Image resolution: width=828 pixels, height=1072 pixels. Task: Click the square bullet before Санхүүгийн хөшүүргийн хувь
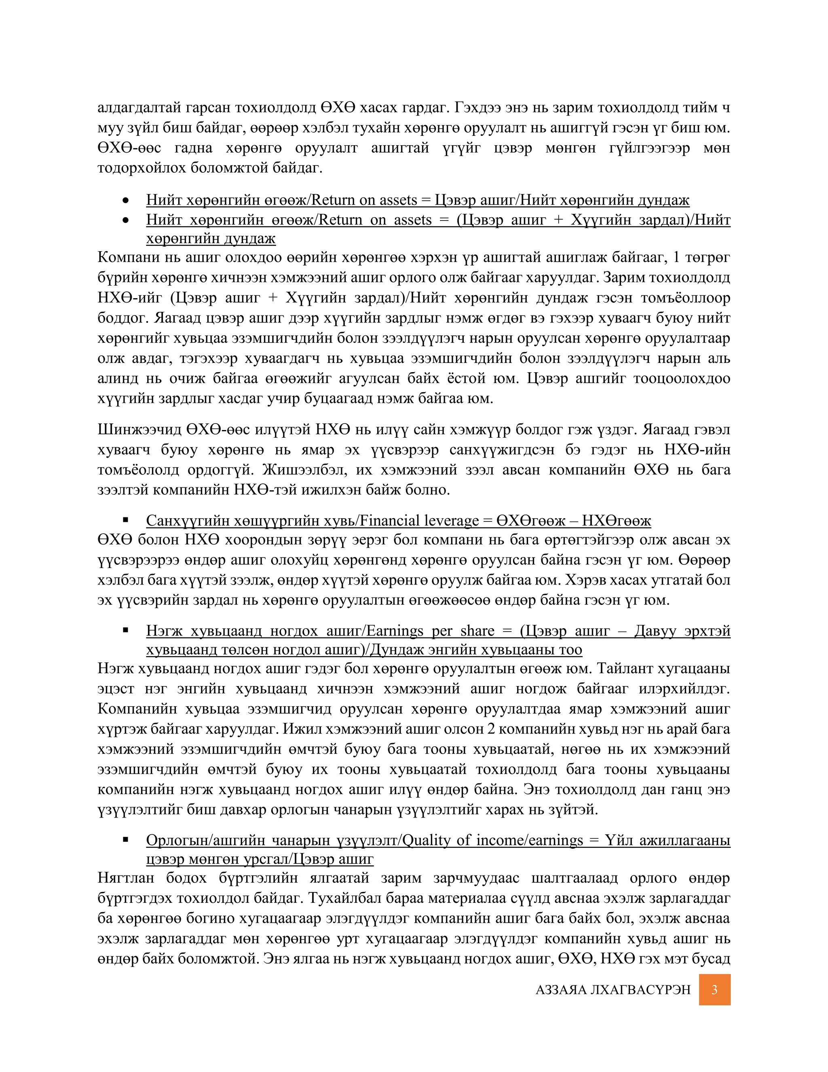tap(126, 520)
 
